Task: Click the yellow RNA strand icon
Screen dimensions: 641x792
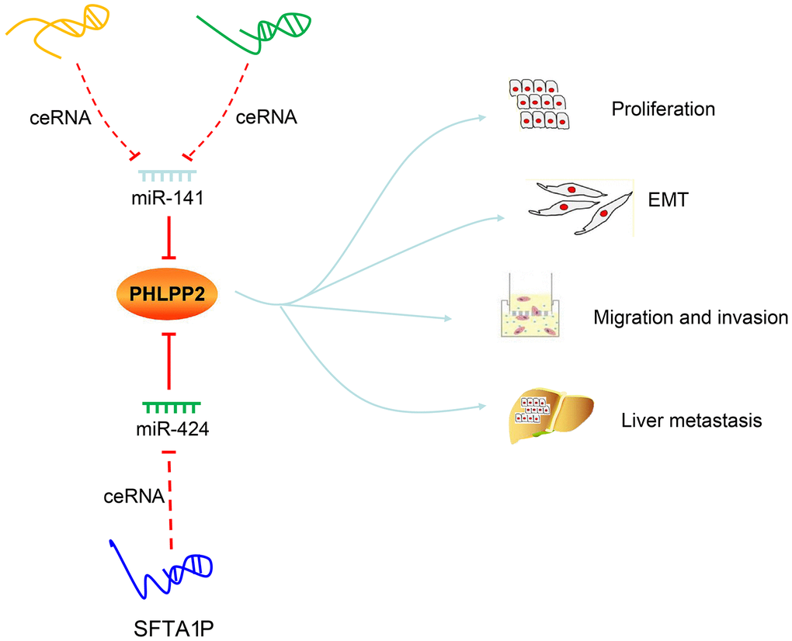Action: click(x=57, y=28)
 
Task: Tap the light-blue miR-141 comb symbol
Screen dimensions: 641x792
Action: click(x=167, y=176)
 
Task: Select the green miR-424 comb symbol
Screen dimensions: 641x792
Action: click(x=172, y=406)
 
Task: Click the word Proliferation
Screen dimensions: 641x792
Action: click(x=663, y=109)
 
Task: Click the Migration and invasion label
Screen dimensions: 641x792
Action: click(x=690, y=317)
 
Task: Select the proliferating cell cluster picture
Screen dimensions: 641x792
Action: click(x=539, y=104)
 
